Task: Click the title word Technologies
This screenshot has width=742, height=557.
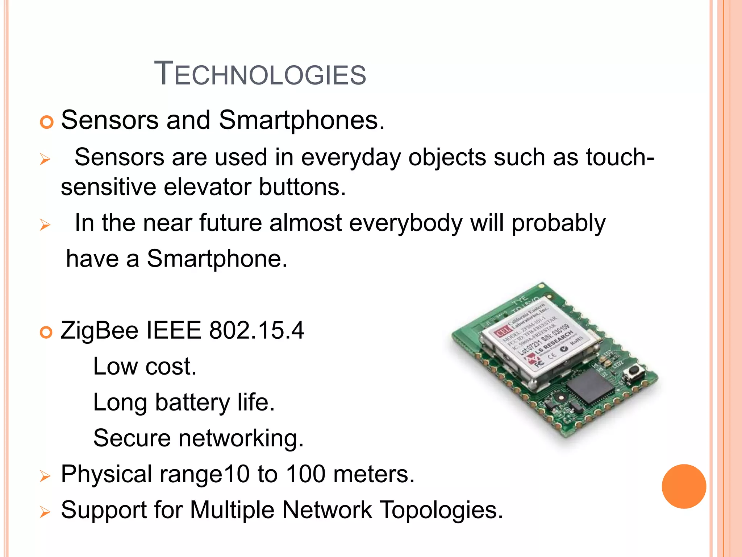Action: [260, 74]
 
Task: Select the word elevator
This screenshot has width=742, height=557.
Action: [208, 187]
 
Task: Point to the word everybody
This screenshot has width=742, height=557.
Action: [406, 223]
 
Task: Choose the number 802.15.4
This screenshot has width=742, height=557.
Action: [257, 331]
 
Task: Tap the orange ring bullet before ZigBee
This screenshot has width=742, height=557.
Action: [46, 332]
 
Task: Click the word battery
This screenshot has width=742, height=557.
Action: [192, 403]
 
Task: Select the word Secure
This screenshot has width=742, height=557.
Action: [132, 438]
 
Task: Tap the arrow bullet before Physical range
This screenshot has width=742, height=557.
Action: [45, 476]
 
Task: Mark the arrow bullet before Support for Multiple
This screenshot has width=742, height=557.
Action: [45, 512]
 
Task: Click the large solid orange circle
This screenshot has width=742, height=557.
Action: [684, 486]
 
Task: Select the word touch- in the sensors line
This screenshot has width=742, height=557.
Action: [620, 157]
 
